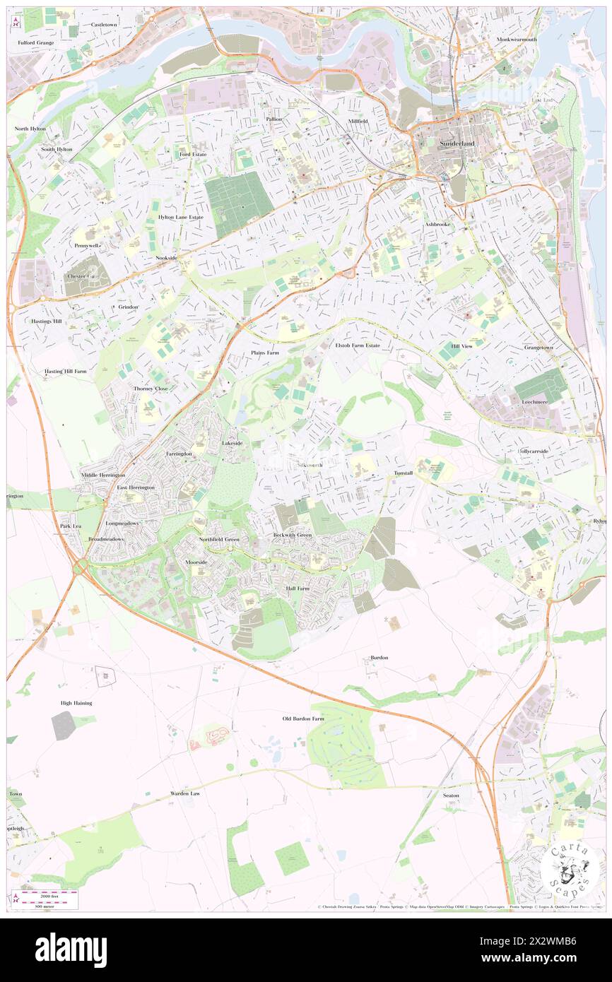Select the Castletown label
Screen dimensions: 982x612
click(103, 24)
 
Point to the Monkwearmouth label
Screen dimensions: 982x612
click(517, 40)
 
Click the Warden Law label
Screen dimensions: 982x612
click(185, 793)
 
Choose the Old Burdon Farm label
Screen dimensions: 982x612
click(303, 718)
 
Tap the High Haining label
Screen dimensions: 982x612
click(76, 703)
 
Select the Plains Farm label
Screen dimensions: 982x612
click(265, 352)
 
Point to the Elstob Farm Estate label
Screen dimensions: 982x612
click(358, 345)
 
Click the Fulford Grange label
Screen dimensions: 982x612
click(36, 42)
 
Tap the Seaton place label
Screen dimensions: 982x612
click(451, 795)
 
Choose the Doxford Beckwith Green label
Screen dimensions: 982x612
click(293, 535)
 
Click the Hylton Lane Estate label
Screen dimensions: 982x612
click(180, 217)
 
